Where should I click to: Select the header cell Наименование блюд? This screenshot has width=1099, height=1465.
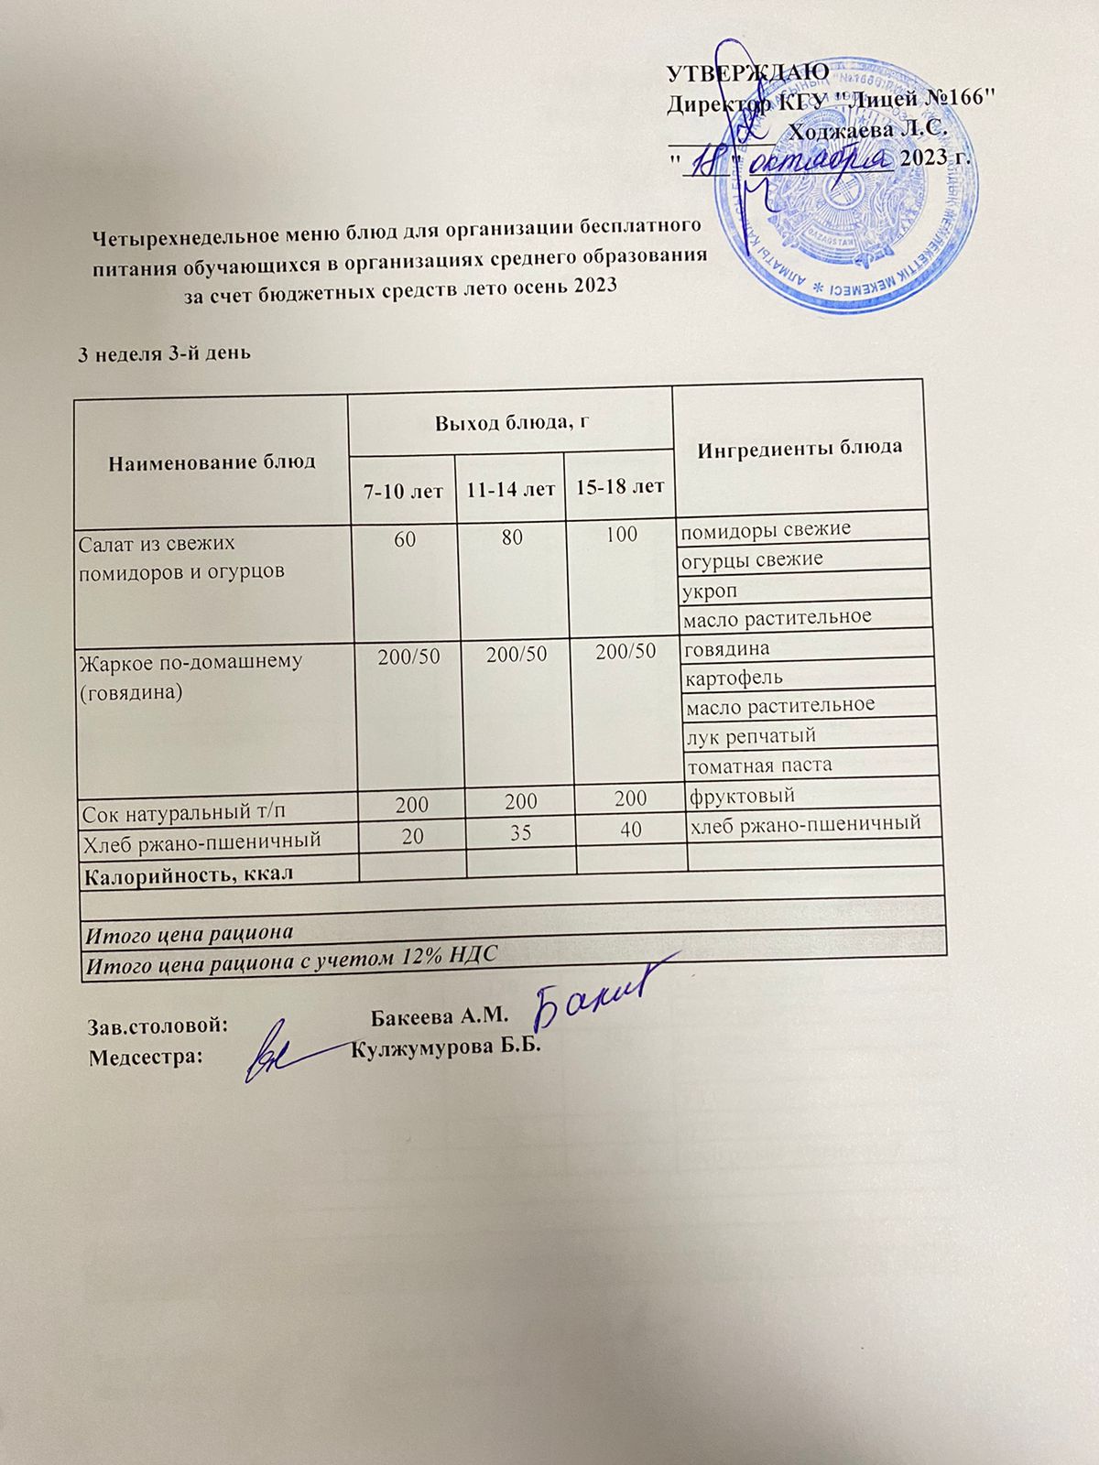point(212,461)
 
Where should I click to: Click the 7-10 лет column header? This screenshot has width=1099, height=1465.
point(403,492)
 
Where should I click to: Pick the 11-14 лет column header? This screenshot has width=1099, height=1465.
point(510,490)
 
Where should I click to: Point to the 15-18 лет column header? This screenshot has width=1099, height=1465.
point(619,486)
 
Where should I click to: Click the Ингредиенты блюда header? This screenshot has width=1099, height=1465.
point(800,448)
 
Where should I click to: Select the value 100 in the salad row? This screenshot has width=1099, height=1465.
point(621,534)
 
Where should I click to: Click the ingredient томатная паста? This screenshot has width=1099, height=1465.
point(759,765)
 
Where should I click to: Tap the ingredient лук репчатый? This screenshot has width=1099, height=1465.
point(750,735)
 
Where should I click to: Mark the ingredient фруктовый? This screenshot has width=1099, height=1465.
point(740,795)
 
